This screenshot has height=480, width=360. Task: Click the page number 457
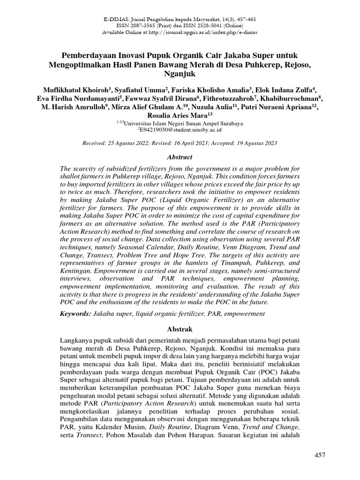point(319,455)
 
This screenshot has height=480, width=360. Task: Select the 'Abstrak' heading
point(180,330)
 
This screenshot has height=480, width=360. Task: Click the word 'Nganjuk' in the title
point(180,74)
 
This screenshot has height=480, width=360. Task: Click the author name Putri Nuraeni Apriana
point(279,107)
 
